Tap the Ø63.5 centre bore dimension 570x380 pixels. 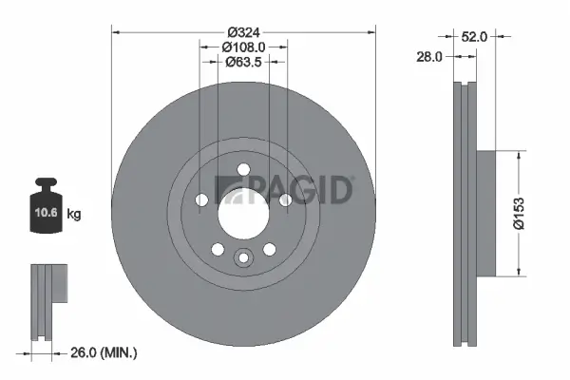pyautogui.click(x=243, y=63)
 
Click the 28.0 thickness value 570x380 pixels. pyautogui.click(x=431, y=57)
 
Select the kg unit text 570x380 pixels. pyautogui.click(x=74, y=215)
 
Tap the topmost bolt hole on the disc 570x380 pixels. pyautogui.click(x=243, y=169)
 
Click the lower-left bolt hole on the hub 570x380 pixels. pyautogui.click(x=218, y=249)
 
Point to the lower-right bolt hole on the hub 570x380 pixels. pyautogui.click(x=270, y=249)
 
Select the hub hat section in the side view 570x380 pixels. pyautogui.click(x=485, y=214)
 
